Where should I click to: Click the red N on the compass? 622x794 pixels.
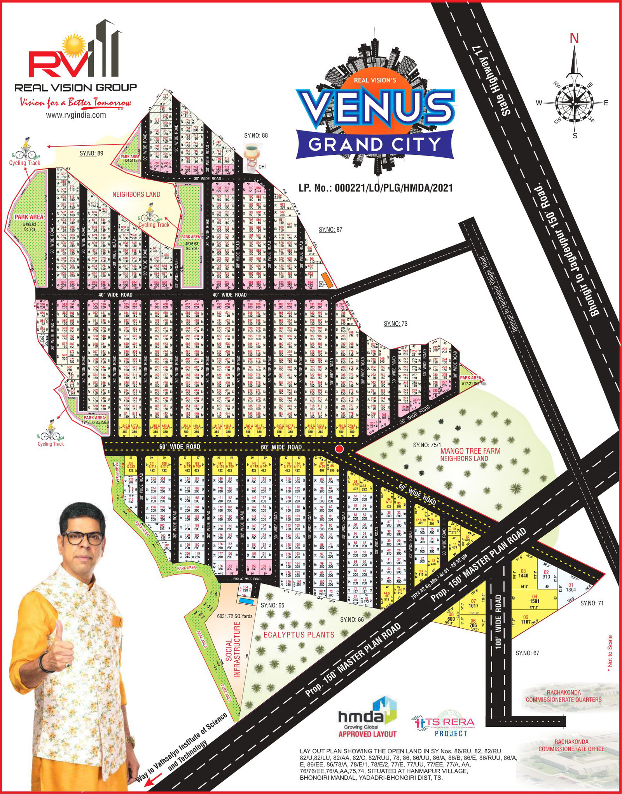click(574, 38)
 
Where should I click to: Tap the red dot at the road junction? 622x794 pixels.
click(340, 449)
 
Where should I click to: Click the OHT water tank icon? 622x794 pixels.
click(252, 153)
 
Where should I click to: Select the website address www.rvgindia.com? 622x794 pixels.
click(76, 115)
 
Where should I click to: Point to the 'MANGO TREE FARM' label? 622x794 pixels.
click(470, 451)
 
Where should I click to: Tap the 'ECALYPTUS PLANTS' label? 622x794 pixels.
click(299, 635)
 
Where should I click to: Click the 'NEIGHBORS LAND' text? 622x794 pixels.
click(136, 194)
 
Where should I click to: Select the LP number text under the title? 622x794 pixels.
click(376, 188)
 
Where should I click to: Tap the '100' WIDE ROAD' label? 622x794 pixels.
click(498, 622)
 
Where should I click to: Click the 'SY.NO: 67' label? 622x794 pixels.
click(527, 653)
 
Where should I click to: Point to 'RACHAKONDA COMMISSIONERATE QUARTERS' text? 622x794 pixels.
click(563, 696)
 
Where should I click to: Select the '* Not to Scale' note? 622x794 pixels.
click(610, 651)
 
